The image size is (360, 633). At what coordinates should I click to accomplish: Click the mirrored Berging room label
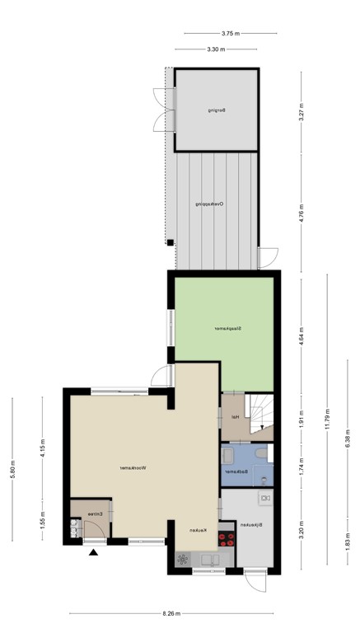(217, 110)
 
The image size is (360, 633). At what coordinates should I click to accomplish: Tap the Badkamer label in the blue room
(236, 471)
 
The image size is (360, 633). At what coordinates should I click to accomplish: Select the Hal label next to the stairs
(235, 416)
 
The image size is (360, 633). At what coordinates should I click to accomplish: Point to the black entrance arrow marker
(92, 554)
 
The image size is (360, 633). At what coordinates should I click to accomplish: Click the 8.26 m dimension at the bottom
(171, 614)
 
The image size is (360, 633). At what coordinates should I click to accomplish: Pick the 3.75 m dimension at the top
(230, 34)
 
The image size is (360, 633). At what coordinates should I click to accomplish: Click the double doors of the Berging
(159, 109)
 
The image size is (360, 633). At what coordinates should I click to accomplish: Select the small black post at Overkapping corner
(169, 242)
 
